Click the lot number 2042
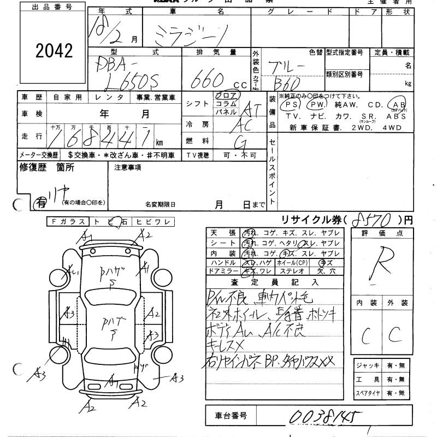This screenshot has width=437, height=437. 54,51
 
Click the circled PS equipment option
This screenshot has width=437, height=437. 290,104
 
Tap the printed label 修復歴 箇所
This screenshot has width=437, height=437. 47,168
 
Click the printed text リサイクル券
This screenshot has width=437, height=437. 312,220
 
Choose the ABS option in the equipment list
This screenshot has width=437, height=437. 396,116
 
